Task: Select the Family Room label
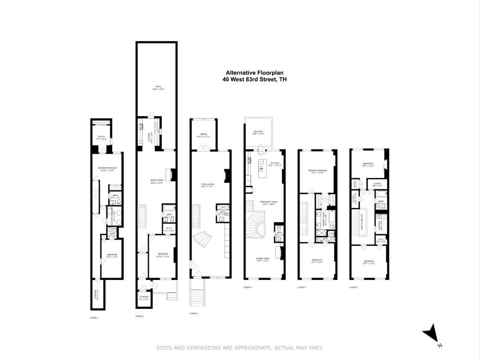coord(157,181)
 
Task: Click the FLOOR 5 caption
coord(301,288)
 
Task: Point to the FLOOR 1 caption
coord(94,318)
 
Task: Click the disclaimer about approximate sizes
coord(239,347)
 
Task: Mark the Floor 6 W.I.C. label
coord(380,240)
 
